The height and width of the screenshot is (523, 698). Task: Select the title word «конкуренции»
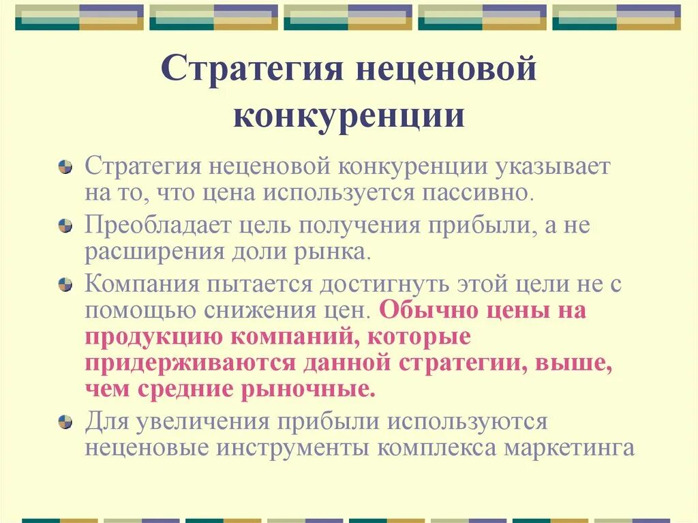348,116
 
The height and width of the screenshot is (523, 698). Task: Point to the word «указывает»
553,167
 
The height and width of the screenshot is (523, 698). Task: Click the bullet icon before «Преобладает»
65,225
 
